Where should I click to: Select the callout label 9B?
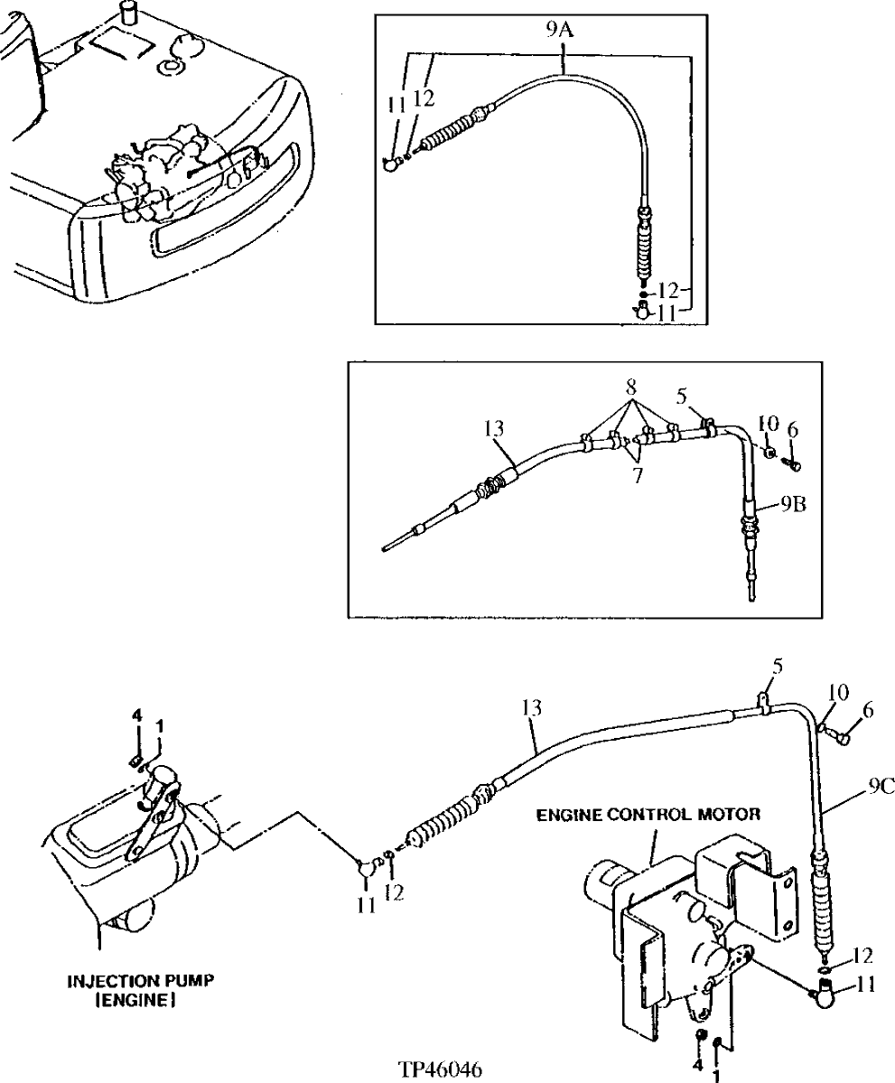[781, 504]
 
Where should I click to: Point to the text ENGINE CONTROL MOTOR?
[648, 814]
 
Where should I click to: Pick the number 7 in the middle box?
[638, 475]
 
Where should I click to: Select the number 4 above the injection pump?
[136, 715]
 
